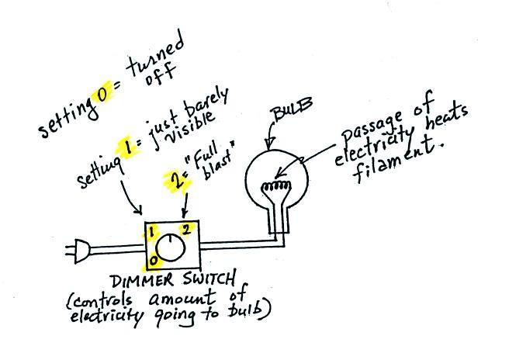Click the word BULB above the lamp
coord(293,109)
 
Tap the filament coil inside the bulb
coord(276,186)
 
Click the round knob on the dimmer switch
coord(170,248)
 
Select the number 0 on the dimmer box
coord(153,260)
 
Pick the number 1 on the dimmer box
coord(151,232)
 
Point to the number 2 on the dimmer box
coord(185,230)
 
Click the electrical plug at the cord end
coord(78,251)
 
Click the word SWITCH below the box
coord(209,279)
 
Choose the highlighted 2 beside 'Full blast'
coord(178,181)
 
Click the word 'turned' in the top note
coord(155,57)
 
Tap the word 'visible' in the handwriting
coord(189,127)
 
